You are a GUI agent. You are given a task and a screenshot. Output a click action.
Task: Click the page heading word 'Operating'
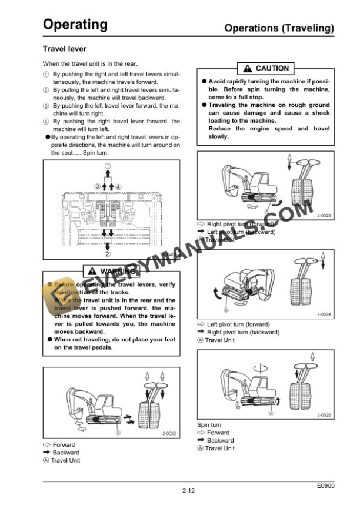[x=75, y=25]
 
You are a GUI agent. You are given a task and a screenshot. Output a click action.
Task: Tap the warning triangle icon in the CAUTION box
[x=248, y=69]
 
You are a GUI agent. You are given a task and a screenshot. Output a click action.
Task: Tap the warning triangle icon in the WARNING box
[x=92, y=271]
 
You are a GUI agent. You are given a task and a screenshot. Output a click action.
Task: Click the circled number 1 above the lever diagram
[x=108, y=166]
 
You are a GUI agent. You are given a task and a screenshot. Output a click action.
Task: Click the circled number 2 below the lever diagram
[x=108, y=254]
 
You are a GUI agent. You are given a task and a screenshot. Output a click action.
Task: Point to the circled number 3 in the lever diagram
[x=98, y=187]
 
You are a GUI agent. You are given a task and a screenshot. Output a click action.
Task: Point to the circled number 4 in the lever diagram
[x=118, y=187]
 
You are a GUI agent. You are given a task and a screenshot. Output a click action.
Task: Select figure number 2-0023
[x=324, y=216]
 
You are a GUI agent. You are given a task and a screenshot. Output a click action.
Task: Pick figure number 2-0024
[x=324, y=315]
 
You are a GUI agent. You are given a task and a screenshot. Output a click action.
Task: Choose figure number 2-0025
[x=324, y=415]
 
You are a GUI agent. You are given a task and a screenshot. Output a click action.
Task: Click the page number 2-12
[x=189, y=490]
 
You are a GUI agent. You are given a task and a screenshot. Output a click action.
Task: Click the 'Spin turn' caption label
[x=209, y=424]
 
